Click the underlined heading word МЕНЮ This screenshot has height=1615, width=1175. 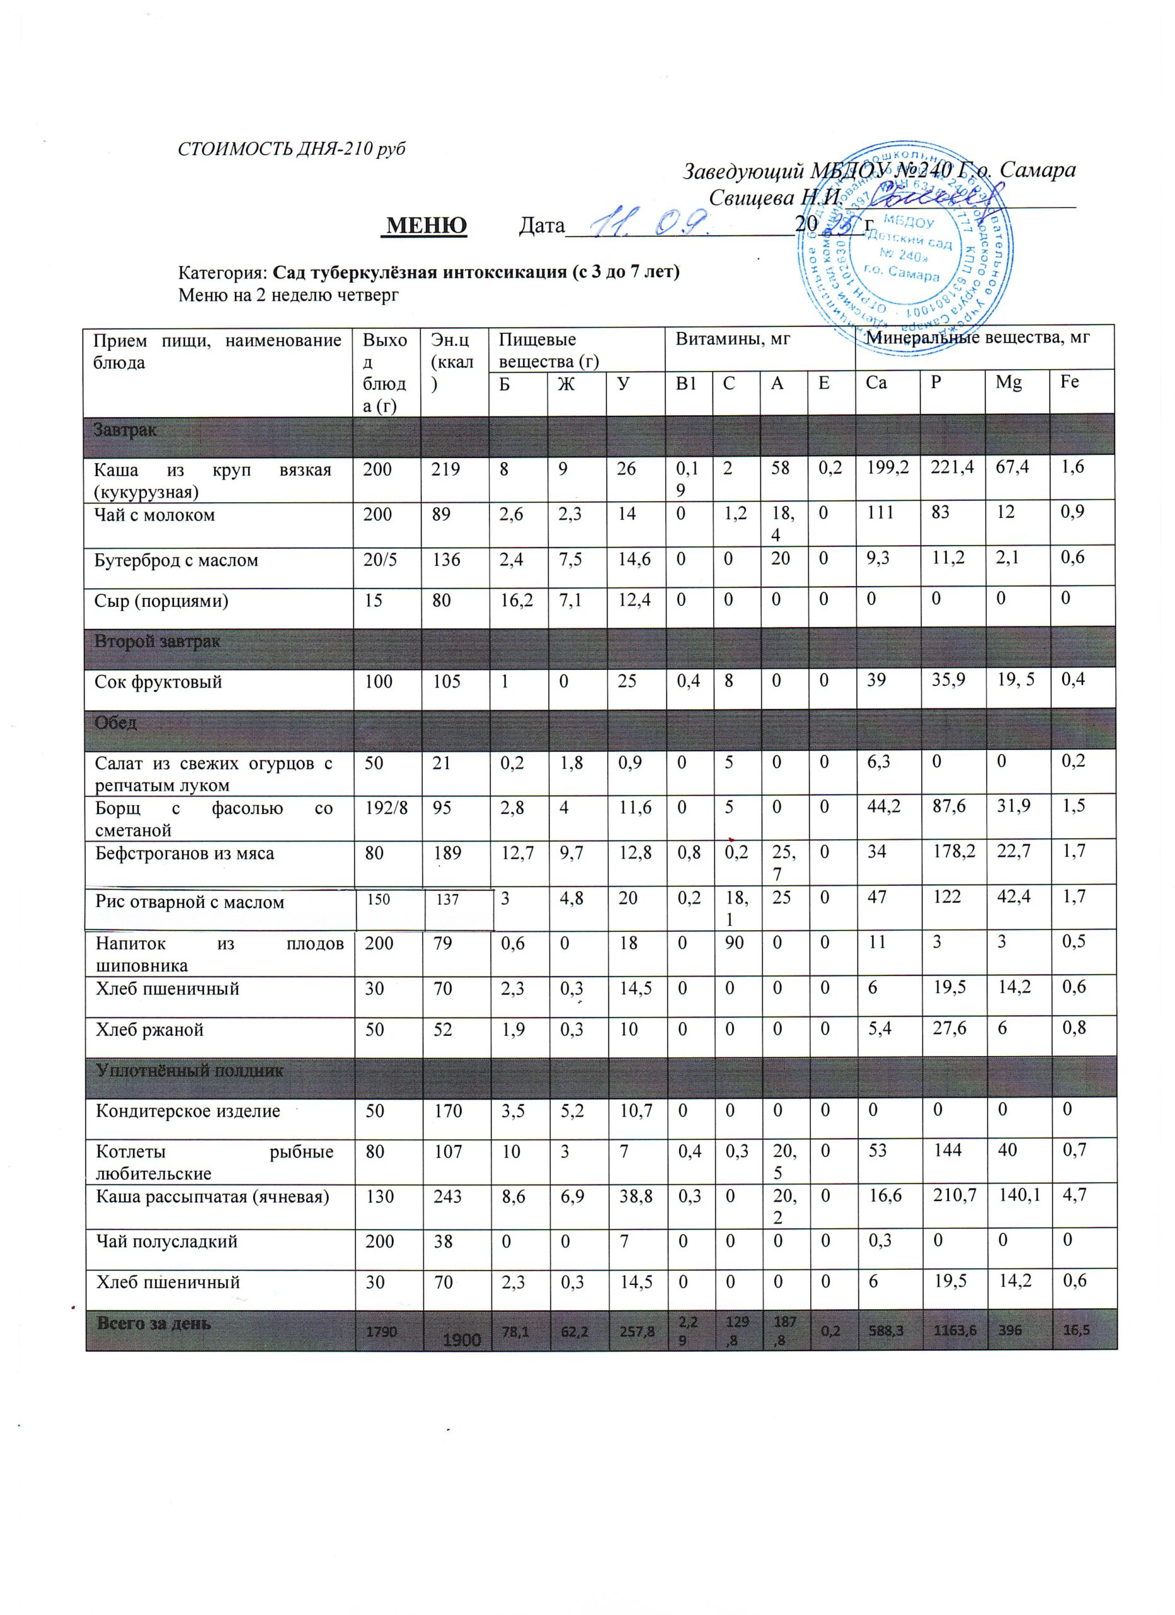point(425,225)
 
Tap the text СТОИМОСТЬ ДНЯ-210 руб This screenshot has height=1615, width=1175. point(292,149)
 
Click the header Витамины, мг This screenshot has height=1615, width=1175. point(733,339)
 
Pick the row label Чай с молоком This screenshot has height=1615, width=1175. point(155,515)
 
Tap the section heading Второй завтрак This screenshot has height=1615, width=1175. point(157,641)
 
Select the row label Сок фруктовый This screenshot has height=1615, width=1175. point(158,681)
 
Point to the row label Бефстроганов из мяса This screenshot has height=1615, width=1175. point(184,853)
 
